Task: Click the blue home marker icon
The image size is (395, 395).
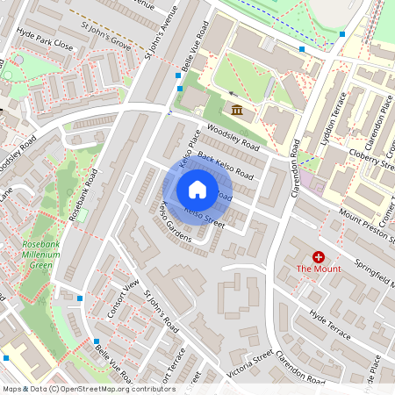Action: click(197, 190)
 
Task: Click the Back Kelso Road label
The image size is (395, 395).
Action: click(226, 167)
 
